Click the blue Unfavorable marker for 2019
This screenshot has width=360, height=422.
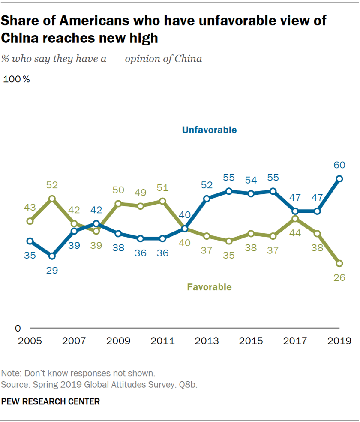pos(339,179)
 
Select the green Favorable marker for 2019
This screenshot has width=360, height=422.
pos(339,263)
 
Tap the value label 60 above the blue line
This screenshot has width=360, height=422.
pos(339,165)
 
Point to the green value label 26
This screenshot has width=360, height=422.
pos(339,278)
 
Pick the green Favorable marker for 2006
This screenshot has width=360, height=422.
pos(52,199)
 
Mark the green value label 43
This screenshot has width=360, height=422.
pos(30,207)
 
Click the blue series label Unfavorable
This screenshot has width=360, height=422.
pos(209,130)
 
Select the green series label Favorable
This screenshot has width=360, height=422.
pos(209,287)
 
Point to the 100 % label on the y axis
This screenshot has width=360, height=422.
pos(16,79)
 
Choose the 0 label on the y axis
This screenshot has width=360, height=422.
pos(18,329)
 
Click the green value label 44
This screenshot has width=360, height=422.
pos(295,233)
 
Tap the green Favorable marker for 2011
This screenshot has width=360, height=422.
pos(162,201)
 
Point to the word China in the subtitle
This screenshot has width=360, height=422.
pos(187,59)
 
